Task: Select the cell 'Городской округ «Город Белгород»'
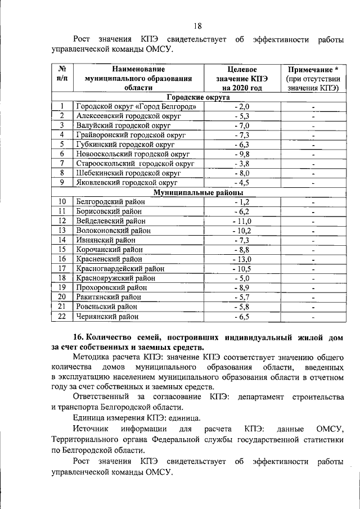point(136,106)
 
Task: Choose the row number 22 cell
point(62,316)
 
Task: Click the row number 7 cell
point(62,164)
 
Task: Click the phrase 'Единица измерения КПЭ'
point(120,417)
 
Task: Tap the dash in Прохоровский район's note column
point(313,288)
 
